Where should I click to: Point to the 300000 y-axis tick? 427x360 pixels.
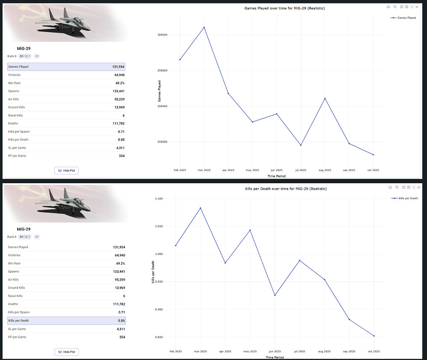tap(161, 35)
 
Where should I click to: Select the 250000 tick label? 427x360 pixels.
tap(161, 70)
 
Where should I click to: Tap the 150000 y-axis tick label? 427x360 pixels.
tap(161, 142)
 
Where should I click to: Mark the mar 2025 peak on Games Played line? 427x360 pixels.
tap(204, 27)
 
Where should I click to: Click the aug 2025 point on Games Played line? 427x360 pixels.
tap(325, 99)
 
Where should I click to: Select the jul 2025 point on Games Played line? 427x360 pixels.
tap(301, 145)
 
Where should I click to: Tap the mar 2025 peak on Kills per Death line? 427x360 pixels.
tap(200, 208)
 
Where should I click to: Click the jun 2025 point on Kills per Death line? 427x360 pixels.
tap(275, 295)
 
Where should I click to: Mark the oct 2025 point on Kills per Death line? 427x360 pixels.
tap(374, 336)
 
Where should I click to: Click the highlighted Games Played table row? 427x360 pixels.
tap(66, 67)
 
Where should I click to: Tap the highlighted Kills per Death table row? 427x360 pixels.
tap(66, 320)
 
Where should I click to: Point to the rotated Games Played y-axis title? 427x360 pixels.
tap(159, 91)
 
